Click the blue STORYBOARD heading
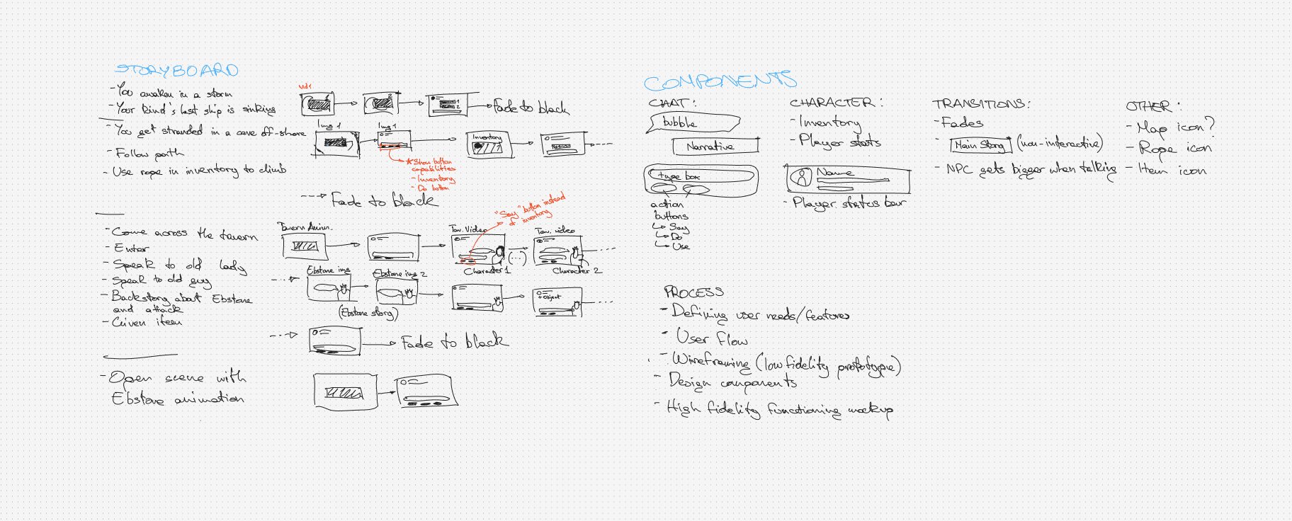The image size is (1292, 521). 176,70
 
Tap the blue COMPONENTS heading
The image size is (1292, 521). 720,81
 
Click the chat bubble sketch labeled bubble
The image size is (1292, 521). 693,122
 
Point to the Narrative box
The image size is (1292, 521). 714,146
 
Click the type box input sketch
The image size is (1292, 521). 700,176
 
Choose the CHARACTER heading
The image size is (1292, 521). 835,103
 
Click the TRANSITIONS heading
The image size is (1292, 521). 980,104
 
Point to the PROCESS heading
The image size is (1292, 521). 693,292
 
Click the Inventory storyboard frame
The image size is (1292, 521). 489,145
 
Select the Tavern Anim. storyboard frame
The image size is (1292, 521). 305,246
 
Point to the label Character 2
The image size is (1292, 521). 577,270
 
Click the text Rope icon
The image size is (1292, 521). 1174,149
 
